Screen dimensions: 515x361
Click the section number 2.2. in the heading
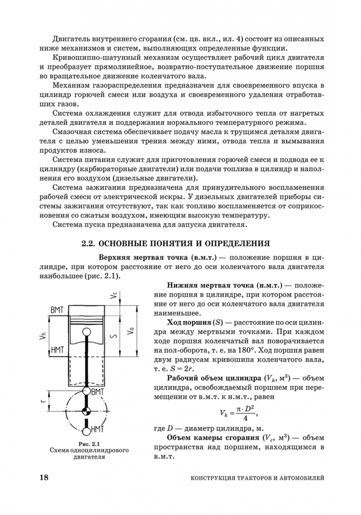tap(90, 243)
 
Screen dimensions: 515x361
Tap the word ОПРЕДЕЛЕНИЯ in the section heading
tap(234, 243)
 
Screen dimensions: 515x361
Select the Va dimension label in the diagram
tap(130, 331)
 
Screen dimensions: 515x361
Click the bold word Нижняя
tap(180, 285)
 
